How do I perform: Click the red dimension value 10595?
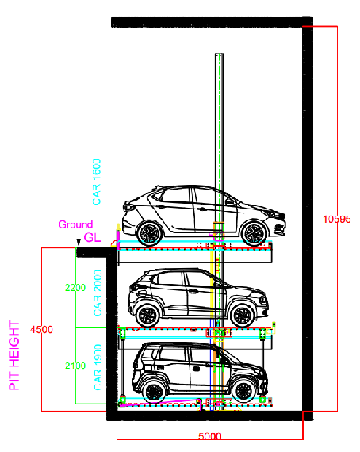[x=337, y=220]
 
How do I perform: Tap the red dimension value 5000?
[x=210, y=436]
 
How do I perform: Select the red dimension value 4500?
[x=41, y=330]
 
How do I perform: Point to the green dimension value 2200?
[x=75, y=287]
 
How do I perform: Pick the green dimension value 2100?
[x=75, y=366]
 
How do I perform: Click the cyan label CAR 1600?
[x=97, y=182]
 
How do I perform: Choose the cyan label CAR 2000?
[x=98, y=293]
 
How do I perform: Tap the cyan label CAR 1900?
[x=98, y=367]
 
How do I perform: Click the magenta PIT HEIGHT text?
[x=14, y=355]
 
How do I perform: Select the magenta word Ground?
[x=75, y=224]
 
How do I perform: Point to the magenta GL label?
[x=92, y=238]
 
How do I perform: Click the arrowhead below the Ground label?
[x=79, y=244]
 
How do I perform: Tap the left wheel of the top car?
[x=150, y=233]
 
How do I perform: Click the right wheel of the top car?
[x=254, y=233]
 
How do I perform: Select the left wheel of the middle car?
[x=147, y=315]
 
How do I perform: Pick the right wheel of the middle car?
[x=243, y=315]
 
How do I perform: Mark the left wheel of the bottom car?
[x=155, y=392]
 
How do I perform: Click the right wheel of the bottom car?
[x=243, y=392]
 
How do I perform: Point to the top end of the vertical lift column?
[x=219, y=54]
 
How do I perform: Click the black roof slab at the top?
[x=213, y=22]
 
